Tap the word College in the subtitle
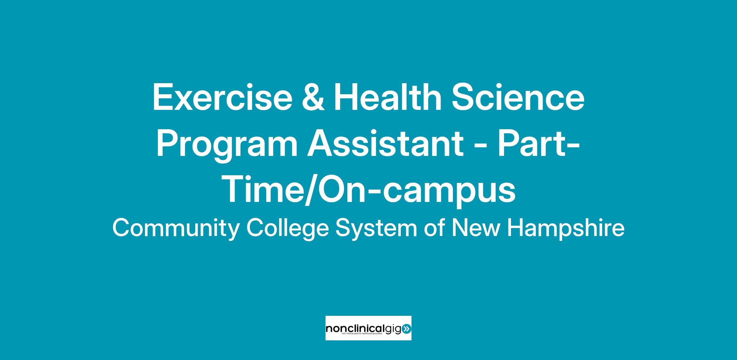(x=288, y=229)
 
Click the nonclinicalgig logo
(x=368, y=328)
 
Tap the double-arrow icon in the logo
(x=406, y=329)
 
